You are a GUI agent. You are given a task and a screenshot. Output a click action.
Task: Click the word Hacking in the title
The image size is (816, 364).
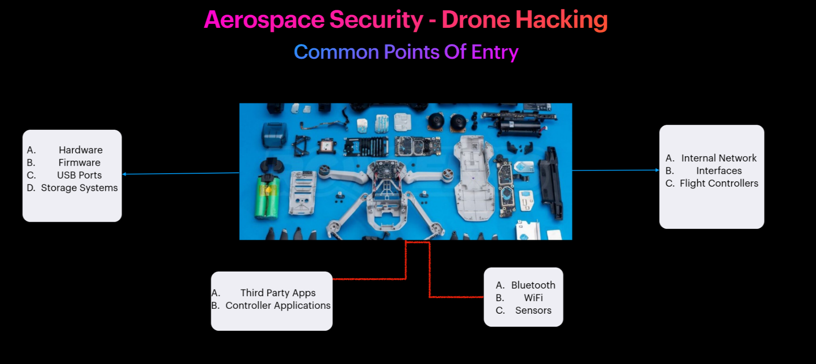tap(561, 20)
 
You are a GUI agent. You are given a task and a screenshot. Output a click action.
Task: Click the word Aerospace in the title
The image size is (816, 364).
tap(264, 20)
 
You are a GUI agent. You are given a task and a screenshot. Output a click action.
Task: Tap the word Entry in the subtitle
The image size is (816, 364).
tap(495, 53)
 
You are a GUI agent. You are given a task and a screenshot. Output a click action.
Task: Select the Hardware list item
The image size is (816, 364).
tap(81, 150)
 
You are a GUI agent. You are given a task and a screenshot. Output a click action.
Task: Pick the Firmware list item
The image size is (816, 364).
tap(79, 162)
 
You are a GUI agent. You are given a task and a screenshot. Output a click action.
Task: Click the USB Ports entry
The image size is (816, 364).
tap(79, 175)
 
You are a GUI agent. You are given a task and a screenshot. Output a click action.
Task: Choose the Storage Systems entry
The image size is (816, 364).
tap(79, 188)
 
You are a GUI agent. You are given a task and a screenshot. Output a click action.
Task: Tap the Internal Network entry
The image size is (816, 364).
tap(719, 158)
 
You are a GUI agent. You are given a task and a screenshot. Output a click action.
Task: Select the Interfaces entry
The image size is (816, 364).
tap(719, 171)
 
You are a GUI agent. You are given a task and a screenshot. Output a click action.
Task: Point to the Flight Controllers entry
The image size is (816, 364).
tap(719, 183)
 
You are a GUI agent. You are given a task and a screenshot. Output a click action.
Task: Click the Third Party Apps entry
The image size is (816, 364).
tap(278, 293)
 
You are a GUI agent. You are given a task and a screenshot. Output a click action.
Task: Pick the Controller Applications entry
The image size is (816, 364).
tap(278, 305)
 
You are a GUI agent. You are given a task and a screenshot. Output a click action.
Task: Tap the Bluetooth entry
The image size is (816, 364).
tap(533, 285)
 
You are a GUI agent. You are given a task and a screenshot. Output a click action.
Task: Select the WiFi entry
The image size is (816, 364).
tap(533, 298)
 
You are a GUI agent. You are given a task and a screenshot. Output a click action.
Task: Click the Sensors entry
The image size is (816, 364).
tap(533, 310)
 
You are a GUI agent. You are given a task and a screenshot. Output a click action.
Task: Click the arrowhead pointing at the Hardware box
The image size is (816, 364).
tap(124, 174)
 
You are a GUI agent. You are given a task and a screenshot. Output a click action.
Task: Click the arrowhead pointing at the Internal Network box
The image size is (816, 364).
tap(657, 170)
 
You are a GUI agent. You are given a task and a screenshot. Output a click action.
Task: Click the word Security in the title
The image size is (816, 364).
tap(376, 20)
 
